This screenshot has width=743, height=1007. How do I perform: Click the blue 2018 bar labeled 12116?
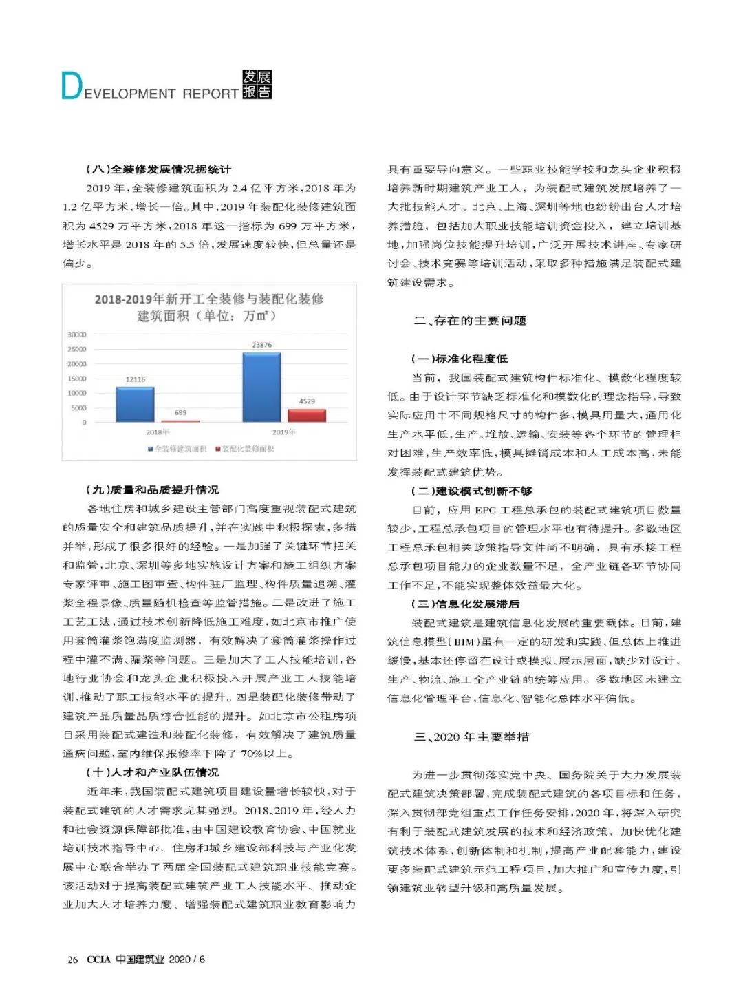(135, 404)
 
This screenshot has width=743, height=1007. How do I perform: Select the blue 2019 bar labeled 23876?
(261, 387)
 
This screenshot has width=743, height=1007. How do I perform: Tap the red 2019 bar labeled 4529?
(307, 415)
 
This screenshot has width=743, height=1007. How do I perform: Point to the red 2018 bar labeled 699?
(180, 421)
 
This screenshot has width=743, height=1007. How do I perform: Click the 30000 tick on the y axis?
(77, 335)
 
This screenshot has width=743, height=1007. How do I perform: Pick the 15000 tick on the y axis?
(77, 379)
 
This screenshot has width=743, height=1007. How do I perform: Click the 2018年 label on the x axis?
(158, 432)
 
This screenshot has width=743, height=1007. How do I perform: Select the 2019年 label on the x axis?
(283, 432)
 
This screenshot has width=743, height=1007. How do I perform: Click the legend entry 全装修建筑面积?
(177, 449)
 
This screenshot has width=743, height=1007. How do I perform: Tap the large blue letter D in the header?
(71, 86)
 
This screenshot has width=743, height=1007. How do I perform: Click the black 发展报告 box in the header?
(257, 85)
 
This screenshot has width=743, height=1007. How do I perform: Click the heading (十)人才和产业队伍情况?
(153, 772)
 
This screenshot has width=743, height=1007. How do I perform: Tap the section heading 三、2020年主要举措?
(471, 737)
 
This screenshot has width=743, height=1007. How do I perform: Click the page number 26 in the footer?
(72, 960)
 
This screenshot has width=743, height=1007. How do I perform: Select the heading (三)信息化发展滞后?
(466, 604)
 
